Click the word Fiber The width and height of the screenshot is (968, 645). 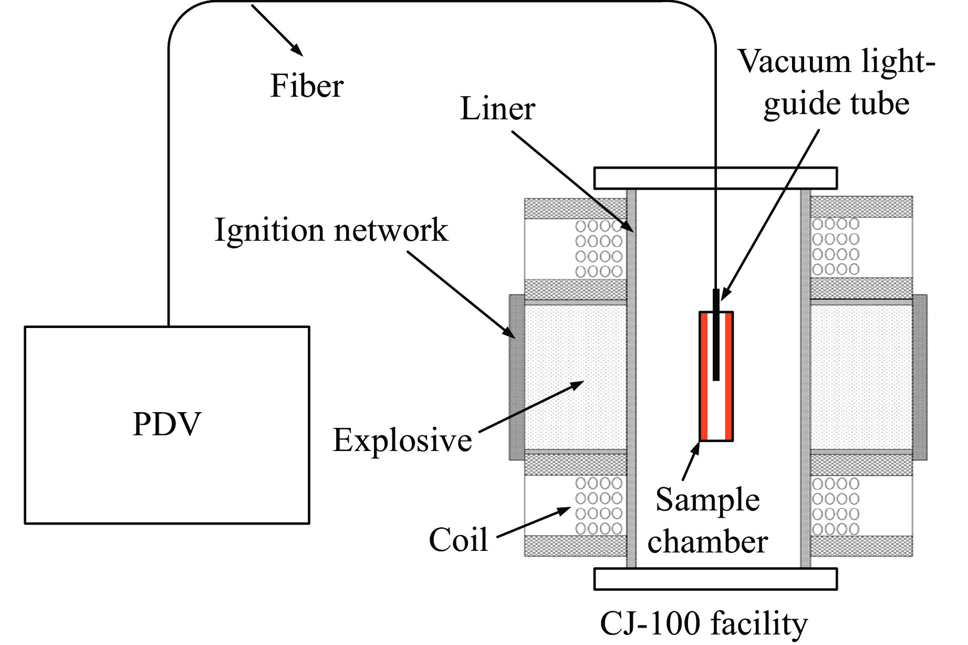tap(307, 86)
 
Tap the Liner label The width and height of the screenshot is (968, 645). tap(497, 109)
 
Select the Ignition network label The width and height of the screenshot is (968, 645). tap(331, 230)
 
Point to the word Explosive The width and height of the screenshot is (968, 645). tap(402, 440)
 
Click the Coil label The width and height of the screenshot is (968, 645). tap(459, 540)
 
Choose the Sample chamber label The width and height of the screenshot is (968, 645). tap(707, 520)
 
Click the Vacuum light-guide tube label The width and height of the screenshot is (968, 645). tap(836, 83)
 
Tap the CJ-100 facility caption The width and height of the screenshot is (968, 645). tap(704, 624)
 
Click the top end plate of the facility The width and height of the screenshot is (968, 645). tap(715, 178)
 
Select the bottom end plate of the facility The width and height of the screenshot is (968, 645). tap(715, 579)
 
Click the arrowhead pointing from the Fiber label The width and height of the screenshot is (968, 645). tap(298, 51)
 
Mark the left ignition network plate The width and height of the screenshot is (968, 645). tap(517, 377)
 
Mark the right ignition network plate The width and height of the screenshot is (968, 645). tap(920, 377)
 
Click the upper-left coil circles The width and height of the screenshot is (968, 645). tap(599, 249)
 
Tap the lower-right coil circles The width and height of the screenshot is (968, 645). tap(836, 506)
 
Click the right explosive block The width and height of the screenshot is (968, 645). tap(861, 377)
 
